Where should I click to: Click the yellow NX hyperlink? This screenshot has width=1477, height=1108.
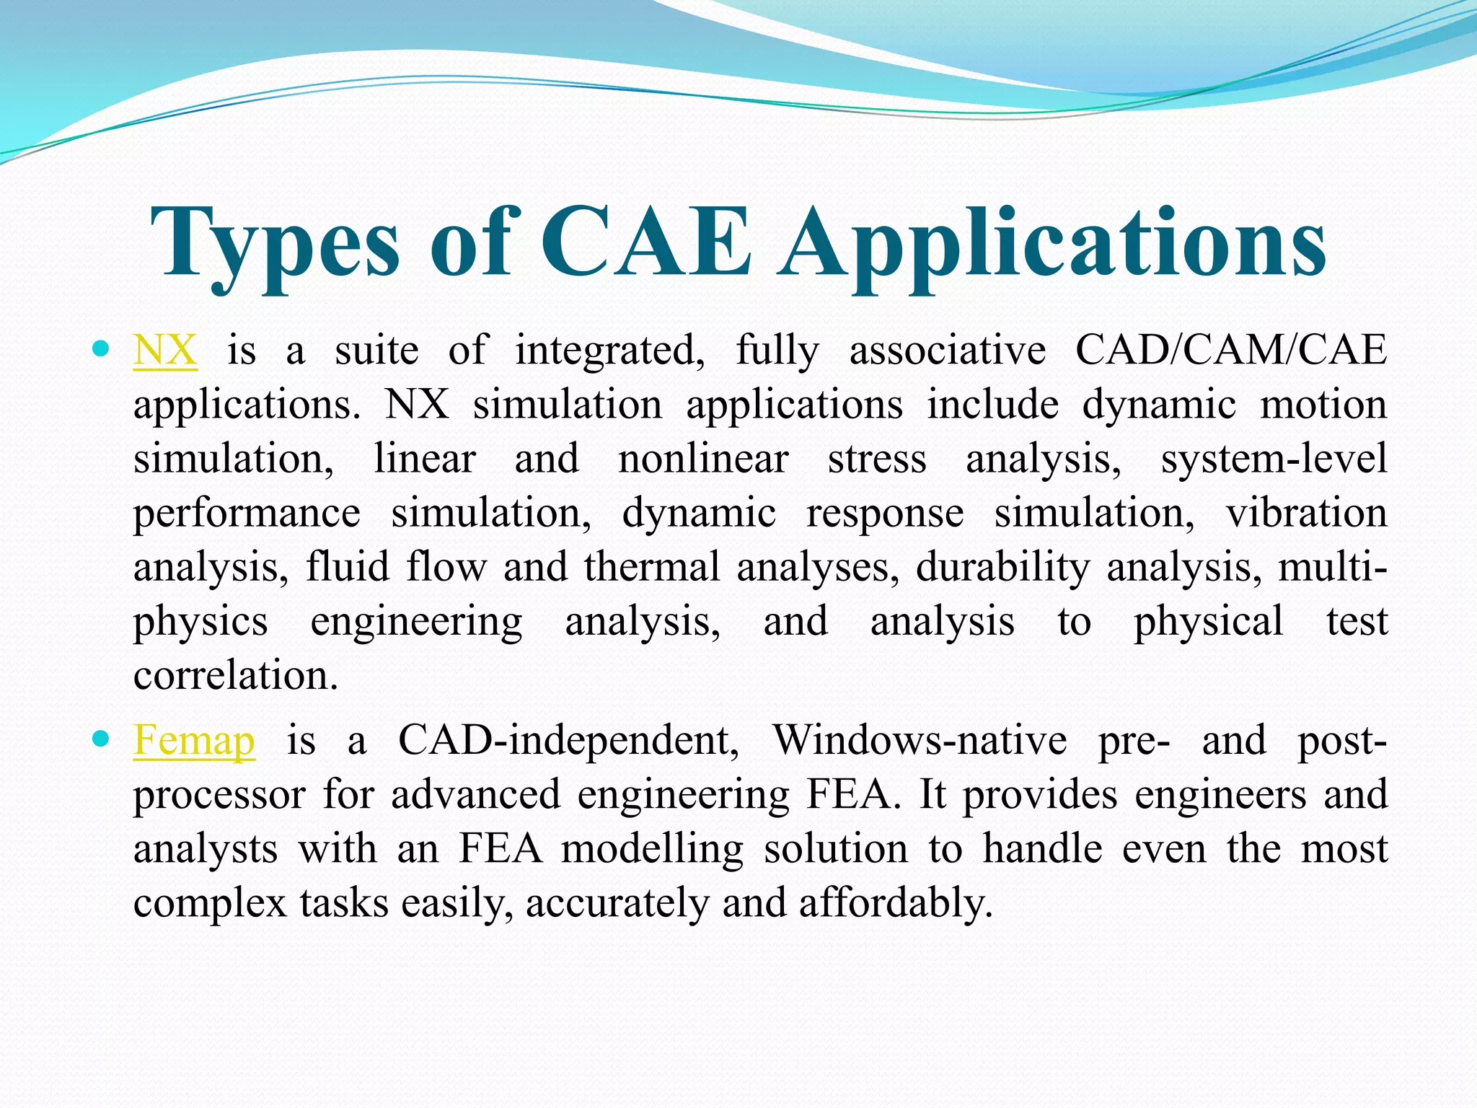click(165, 351)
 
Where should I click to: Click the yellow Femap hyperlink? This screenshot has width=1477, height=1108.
click(194, 741)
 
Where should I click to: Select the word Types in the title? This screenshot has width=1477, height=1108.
click(275, 245)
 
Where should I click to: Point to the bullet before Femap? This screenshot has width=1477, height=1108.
click(101, 739)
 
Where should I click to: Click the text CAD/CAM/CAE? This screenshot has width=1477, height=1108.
click(1230, 351)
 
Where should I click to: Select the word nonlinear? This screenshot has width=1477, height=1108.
click(703, 459)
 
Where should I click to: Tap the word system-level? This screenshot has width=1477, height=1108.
click(1274, 459)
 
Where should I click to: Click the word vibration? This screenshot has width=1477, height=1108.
click(1306, 513)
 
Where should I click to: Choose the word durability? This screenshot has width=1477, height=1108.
click(1002, 567)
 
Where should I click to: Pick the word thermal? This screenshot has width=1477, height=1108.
click(652, 567)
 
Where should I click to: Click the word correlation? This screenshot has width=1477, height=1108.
click(235, 676)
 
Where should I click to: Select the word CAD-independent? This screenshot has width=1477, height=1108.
click(568, 741)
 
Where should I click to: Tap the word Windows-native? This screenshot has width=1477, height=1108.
click(920, 741)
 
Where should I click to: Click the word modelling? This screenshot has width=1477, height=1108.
click(652, 850)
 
